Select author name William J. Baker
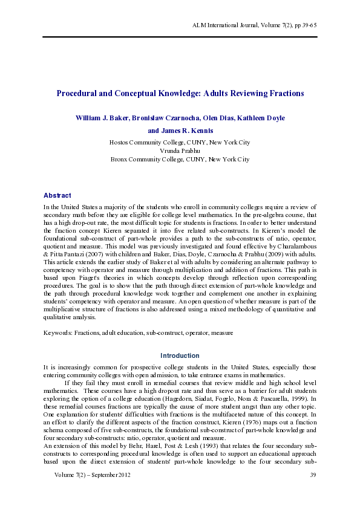click(x=100, y=118)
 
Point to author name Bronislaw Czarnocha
click(x=159, y=118)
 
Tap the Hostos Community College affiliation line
click(x=180, y=142)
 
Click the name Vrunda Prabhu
click(x=180, y=151)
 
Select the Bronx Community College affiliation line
click(x=180, y=159)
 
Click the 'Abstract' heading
click(x=57, y=195)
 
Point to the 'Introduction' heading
click(x=180, y=355)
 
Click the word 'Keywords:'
click(x=58, y=332)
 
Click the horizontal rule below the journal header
click(x=180, y=36)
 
